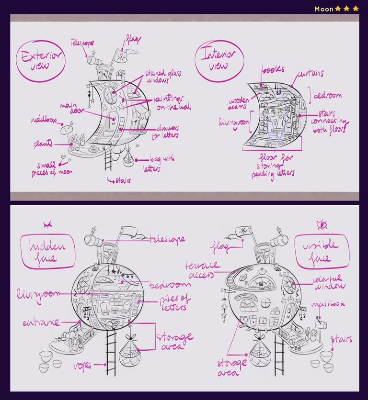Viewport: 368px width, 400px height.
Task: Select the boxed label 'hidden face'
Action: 47,252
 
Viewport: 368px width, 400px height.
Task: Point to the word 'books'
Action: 273,69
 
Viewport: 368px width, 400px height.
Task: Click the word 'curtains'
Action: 310,74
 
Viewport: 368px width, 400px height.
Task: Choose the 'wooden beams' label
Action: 237,103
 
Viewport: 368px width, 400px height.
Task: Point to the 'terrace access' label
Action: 204,269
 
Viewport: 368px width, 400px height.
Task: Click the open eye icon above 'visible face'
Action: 322,224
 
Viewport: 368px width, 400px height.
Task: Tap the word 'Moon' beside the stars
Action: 323,9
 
